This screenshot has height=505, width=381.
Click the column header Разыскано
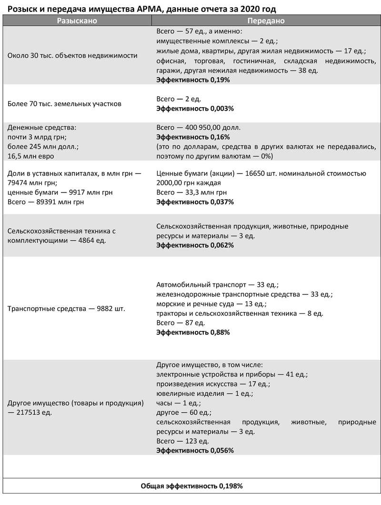coord(78,21)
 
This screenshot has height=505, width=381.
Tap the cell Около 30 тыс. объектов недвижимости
coord(72,55)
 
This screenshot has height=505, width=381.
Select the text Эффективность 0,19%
coord(193,80)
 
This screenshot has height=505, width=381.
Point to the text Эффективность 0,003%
coord(195,108)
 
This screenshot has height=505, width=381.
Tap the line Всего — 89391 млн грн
coord(46,202)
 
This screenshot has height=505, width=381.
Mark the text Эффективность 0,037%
coord(195,202)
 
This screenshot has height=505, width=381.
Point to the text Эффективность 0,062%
coord(195,245)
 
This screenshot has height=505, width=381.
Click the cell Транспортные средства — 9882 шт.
coord(66,309)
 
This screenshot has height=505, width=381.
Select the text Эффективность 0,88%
coord(193,332)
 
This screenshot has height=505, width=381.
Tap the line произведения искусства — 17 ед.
coord(213,384)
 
